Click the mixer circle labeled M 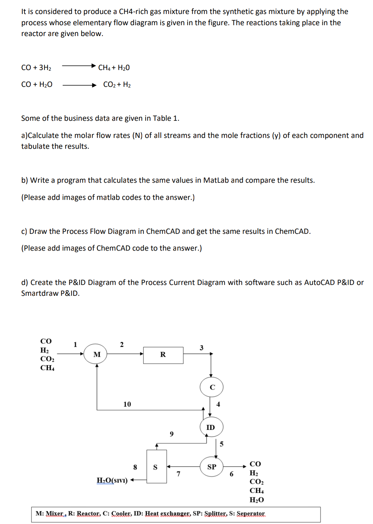[x=97, y=354]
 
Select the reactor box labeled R [x=163, y=355]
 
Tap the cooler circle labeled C [x=212, y=387]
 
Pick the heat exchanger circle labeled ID [x=211, y=427]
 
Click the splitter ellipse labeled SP [x=212, y=467]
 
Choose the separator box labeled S [x=156, y=467]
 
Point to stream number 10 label [x=127, y=404]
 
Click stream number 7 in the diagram [x=178, y=474]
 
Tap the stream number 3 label [x=202, y=348]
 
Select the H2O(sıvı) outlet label [x=112, y=480]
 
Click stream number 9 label [x=171, y=434]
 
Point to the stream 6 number [x=231, y=474]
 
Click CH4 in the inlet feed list [x=47, y=368]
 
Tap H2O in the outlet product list [x=256, y=500]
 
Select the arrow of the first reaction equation [x=79, y=65]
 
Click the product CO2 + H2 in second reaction [x=117, y=84]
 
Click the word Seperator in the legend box [x=251, y=513]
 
